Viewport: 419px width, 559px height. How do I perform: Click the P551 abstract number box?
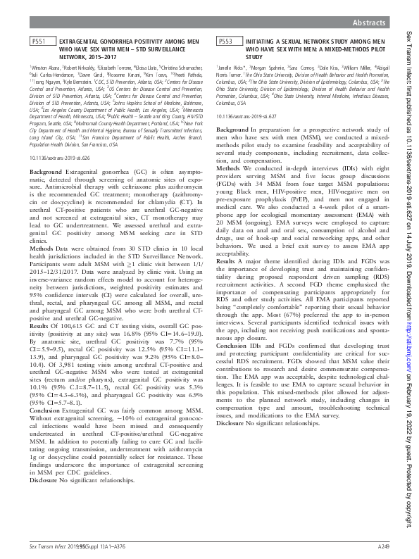point(40,42)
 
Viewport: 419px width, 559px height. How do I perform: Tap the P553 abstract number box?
point(226,42)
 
